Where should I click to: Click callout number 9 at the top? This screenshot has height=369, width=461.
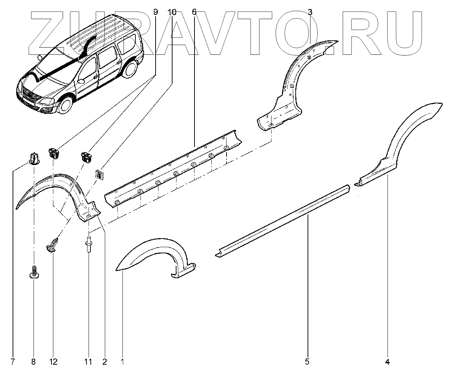tap(156, 12)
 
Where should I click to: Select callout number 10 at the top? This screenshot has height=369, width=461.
tap(172, 12)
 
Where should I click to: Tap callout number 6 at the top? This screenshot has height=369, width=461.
tap(194, 12)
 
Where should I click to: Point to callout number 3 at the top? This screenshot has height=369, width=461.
tap(310, 12)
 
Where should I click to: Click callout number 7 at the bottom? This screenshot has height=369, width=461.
tap(13, 361)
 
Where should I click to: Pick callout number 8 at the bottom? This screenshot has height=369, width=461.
tap(34, 361)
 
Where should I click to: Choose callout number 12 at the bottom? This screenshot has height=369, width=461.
tap(53, 361)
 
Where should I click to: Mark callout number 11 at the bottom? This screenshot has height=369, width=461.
tap(88, 361)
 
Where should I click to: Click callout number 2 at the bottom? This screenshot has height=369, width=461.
tap(104, 361)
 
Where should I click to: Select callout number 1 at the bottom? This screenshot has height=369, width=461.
tap(122, 361)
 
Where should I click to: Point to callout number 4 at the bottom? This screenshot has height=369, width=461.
tap(388, 361)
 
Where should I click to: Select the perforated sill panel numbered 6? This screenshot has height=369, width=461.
tap(173, 169)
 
